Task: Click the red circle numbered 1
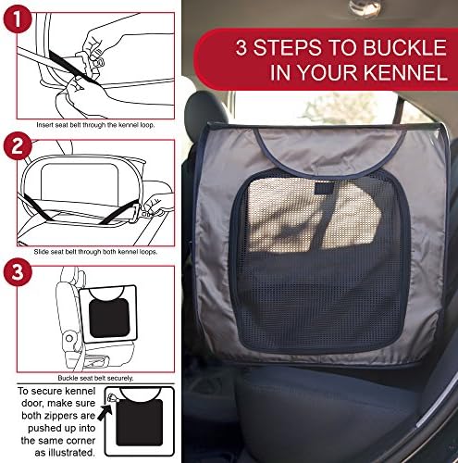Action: tap(18, 19)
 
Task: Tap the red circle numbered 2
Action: tap(18, 145)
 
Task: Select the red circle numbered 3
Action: tap(18, 272)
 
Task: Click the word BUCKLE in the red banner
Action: tap(404, 48)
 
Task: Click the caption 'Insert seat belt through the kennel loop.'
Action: tap(95, 125)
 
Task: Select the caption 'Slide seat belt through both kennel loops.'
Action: tap(95, 252)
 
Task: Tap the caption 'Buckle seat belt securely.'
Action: tap(95, 378)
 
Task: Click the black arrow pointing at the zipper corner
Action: tap(105, 411)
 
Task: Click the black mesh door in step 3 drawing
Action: tap(109, 318)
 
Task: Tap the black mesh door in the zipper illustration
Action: tap(140, 422)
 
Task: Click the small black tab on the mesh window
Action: tap(324, 188)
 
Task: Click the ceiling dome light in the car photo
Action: tap(365, 7)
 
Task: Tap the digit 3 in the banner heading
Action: tap(241, 48)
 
